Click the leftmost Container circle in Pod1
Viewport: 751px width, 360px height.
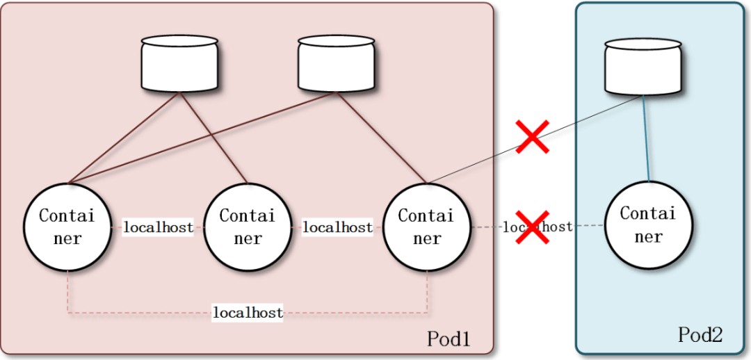click(67, 227)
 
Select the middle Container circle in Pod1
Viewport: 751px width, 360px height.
click(248, 227)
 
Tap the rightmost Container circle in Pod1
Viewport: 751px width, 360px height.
click(427, 227)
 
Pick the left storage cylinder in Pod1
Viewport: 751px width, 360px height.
click(179, 63)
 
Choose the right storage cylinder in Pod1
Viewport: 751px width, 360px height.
click(337, 63)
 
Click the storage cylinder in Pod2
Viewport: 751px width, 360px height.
click(643, 67)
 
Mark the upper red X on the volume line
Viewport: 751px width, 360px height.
click(533, 136)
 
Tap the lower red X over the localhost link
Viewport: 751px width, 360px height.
click(533, 227)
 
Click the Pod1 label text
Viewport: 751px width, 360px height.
click(449, 339)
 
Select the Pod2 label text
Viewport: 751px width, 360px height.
click(700, 335)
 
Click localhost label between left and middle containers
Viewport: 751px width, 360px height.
click(158, 227)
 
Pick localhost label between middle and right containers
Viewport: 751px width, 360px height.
click(337, 227)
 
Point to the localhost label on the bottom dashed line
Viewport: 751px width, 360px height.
click(248, 313)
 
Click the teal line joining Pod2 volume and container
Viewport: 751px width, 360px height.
click(646, 139)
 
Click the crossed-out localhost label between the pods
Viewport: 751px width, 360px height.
click(556, 227)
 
